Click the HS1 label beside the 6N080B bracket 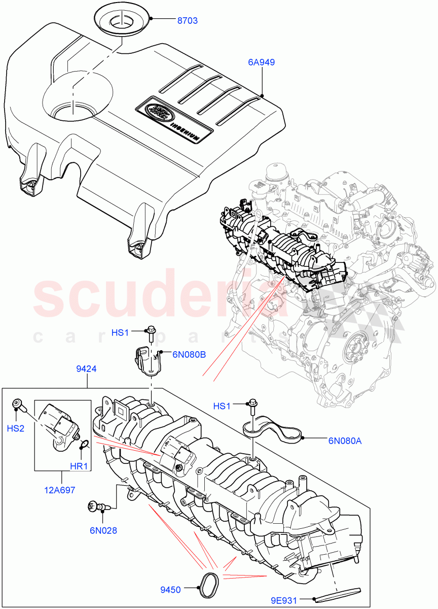point(120,332)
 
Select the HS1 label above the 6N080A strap point(222,406)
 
